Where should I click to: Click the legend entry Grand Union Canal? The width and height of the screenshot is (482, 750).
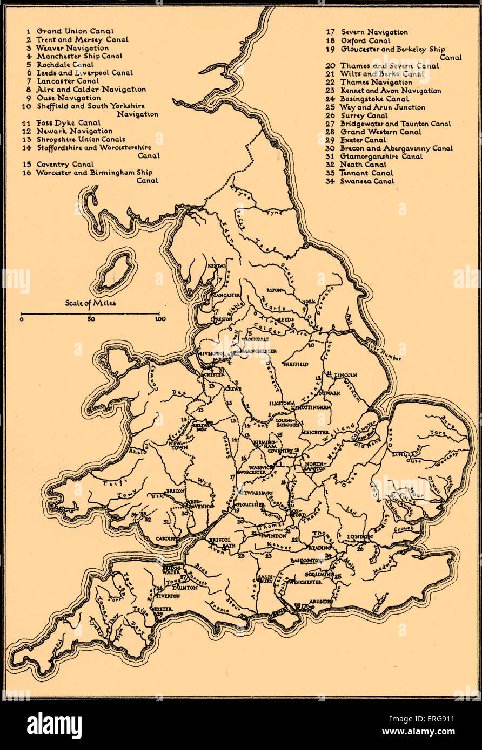click(75, 31)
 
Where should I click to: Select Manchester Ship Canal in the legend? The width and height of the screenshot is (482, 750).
click(79, 56)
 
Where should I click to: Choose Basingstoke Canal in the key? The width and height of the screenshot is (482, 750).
click(374, 99)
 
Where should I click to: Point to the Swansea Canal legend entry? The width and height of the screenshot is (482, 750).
click(367, 181)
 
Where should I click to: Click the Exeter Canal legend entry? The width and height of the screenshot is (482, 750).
click(363, 140)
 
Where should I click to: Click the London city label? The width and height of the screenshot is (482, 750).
click(359, 537)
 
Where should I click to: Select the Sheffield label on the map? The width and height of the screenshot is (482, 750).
click(296, 364)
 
